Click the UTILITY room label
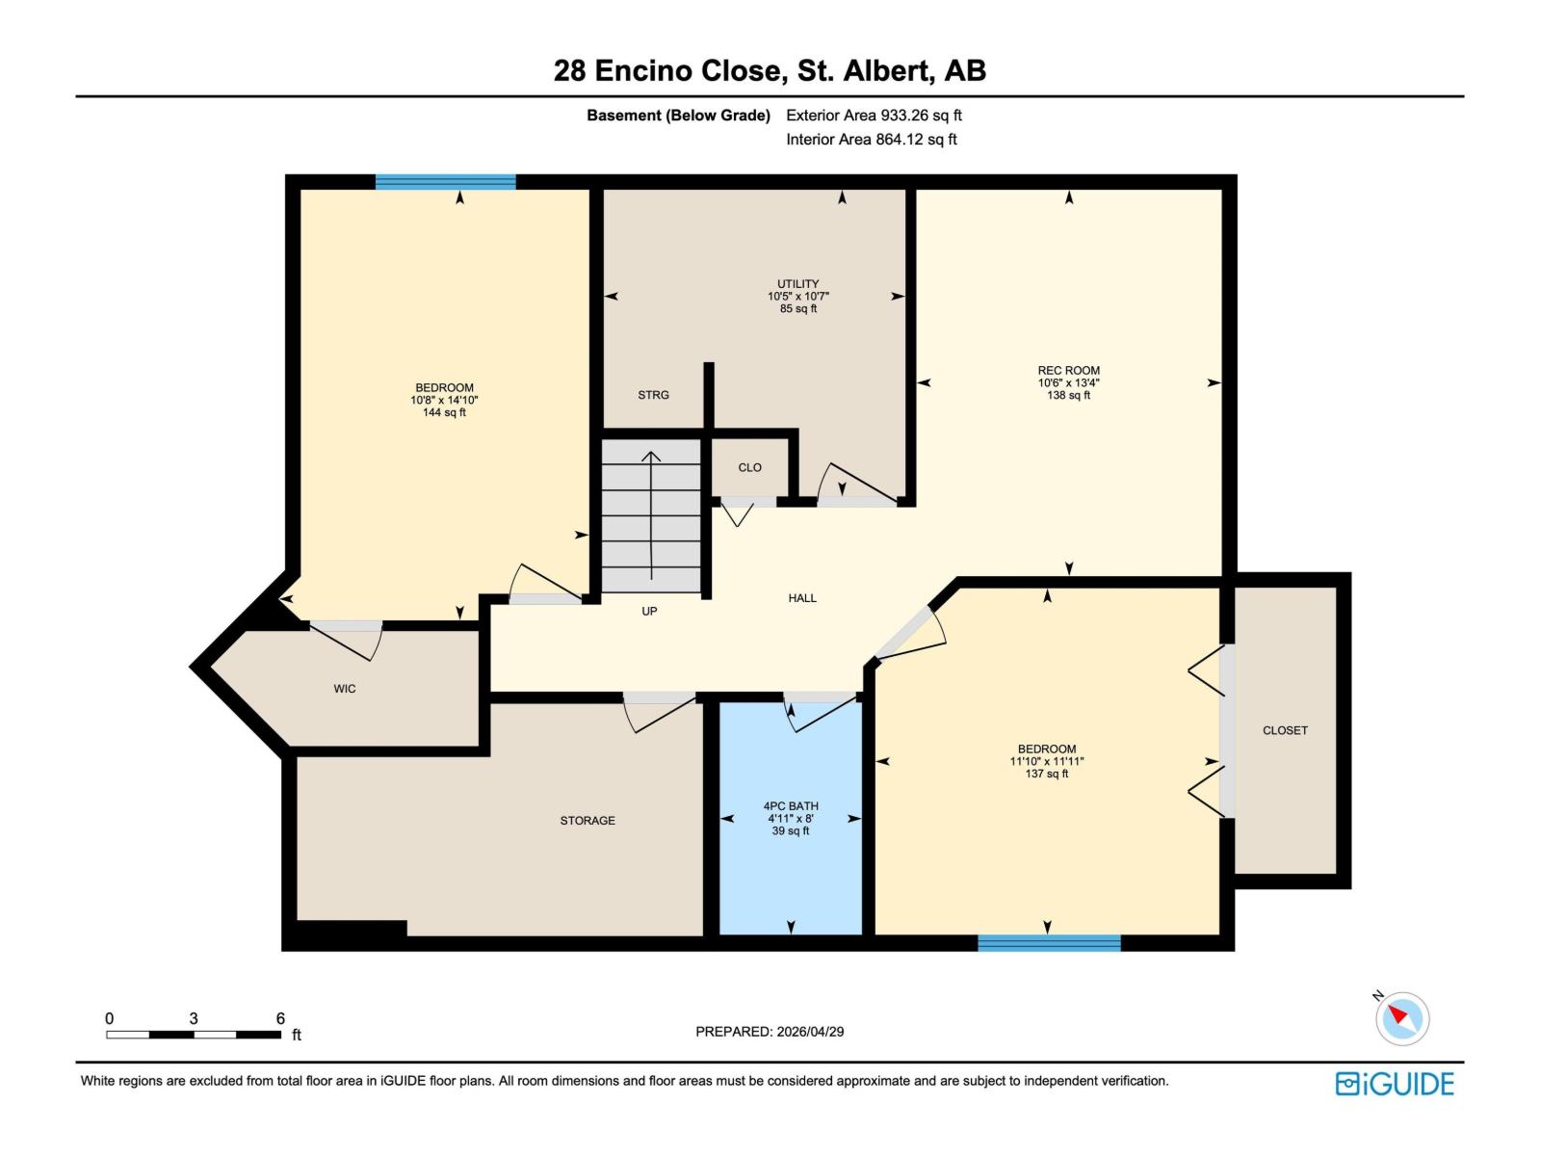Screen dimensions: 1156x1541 click(x=797, y=284)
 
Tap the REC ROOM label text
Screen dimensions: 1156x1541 click(x=1068, y=370)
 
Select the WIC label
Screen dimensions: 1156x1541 click(x=345, y=689)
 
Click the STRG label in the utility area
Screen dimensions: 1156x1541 click(x=653, y=395)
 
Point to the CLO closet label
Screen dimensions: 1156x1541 click(x=749, y=467)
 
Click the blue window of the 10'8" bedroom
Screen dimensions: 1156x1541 click(x=445, y=182)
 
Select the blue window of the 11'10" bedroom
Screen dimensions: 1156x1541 click(x=1049, y=943)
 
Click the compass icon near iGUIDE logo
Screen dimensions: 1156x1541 click(x=1401, y=1018)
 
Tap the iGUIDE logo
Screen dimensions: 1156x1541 click(x=1394, y=1084)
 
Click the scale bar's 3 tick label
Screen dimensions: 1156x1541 click(x=194, y=1018)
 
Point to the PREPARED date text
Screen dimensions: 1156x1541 click(x=770, y=1032)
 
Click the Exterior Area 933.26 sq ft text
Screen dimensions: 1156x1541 click(x=874, y=116)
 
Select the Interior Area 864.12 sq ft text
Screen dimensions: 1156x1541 click(x=871, y=139)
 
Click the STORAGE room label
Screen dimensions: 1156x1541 click(x=588, y=821)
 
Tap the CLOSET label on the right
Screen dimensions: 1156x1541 click(x=1285, y=730)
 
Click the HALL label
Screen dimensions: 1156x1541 click(x=802, y=598)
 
